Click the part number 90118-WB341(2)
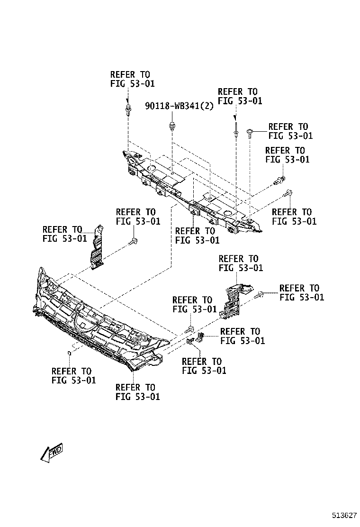[180, 106]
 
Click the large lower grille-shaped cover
[95, 322]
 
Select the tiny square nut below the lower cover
[69, 353]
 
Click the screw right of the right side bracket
[259, 295]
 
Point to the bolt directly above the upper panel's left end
[128, 111]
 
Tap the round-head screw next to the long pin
[251, 132]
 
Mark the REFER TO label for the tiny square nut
[73, 375]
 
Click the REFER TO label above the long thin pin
[240, 96]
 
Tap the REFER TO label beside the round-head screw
[290, 131]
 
